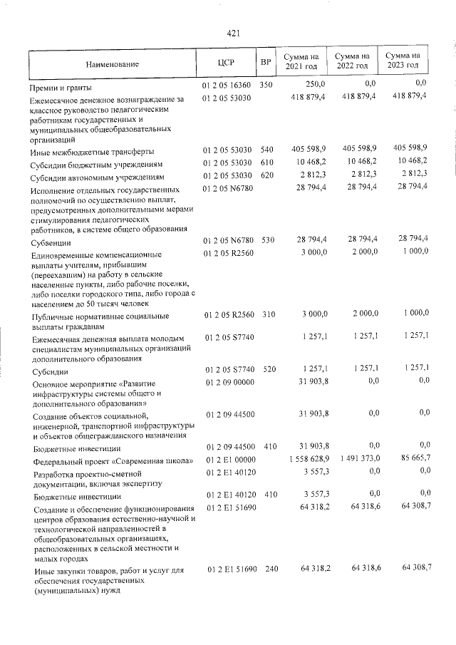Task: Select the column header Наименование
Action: point(113,65)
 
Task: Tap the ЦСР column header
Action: point(226,63)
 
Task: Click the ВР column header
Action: point(266,63)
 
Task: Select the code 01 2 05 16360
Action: point(227,85)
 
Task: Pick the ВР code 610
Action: point(267,162)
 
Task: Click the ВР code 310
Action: point(267,314)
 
